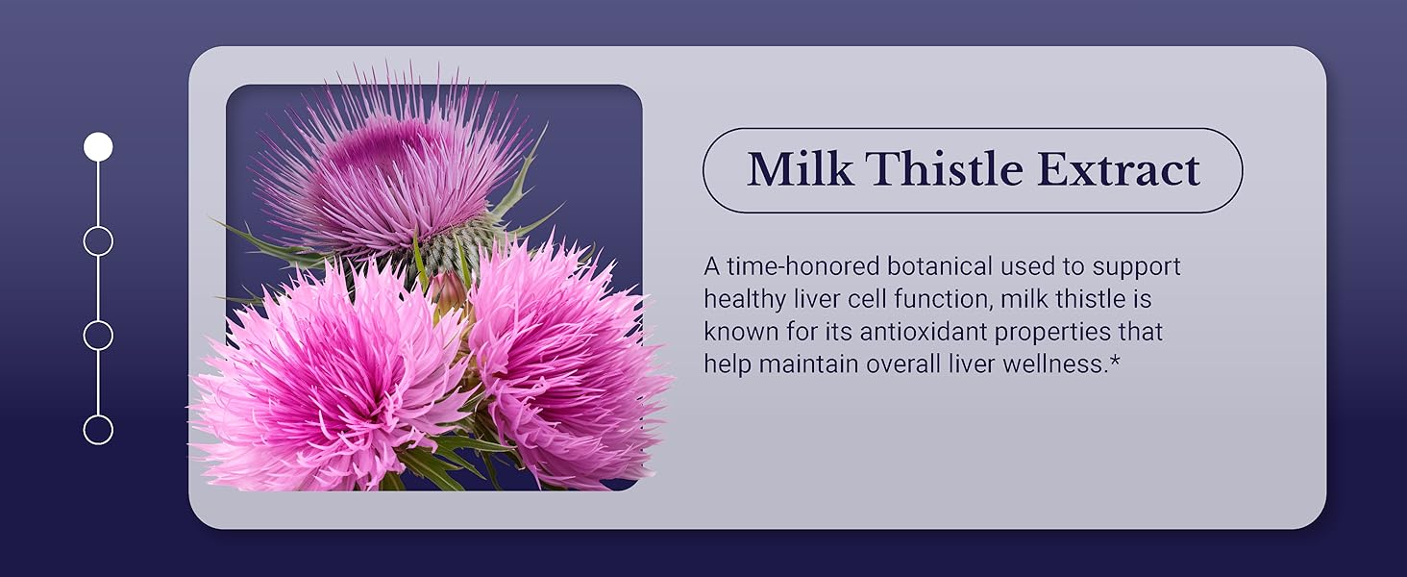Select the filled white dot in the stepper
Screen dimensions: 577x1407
click(x=98, y=147)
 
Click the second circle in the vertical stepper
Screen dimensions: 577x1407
click(x=98, y=240)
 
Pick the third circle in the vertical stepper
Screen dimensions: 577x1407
click(x=98, y=336)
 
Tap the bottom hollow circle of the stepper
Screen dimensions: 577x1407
click(x=98, y=429)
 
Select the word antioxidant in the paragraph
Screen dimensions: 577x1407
click(x=916, y=333)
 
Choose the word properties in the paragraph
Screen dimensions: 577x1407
click(x=1060, y=333)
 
